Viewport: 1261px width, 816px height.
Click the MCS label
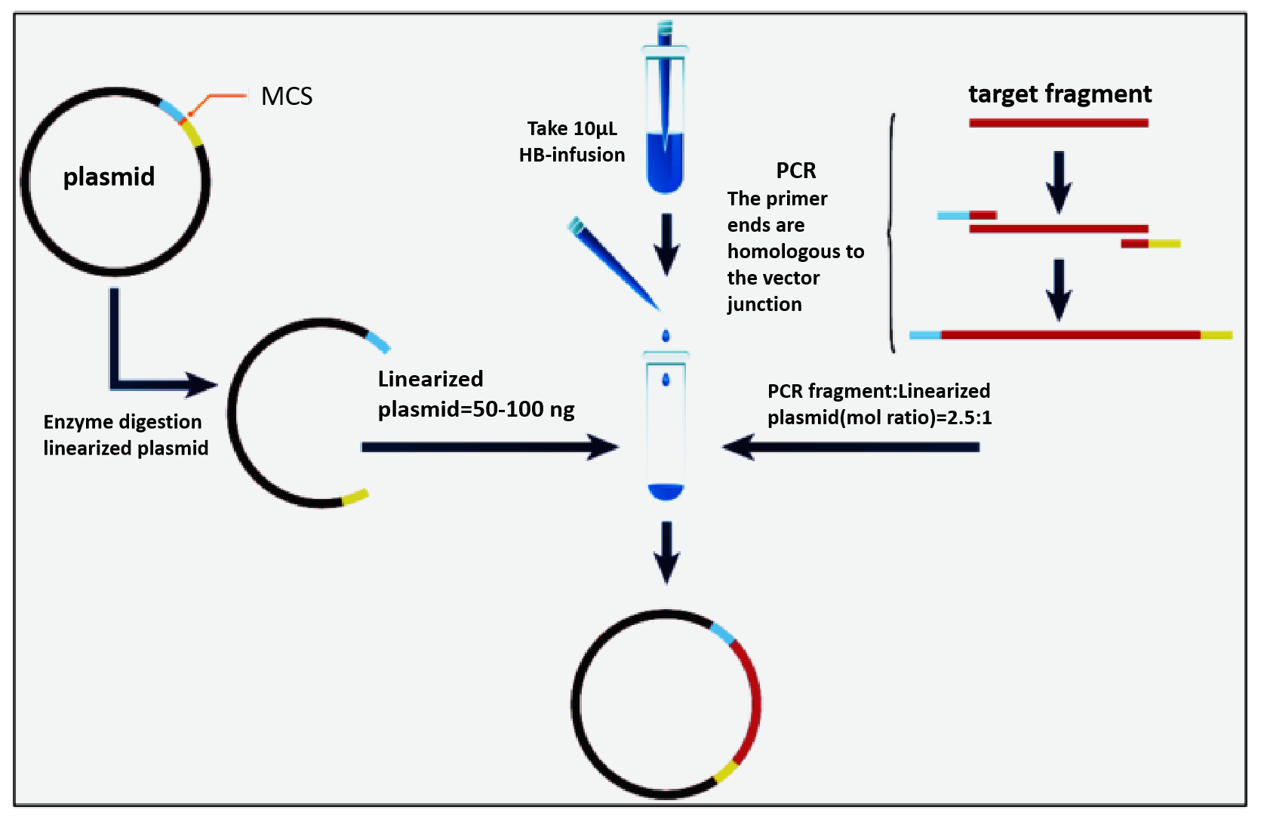(287, 97)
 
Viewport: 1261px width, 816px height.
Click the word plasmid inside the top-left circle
(109, 177)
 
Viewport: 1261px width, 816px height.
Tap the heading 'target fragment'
(1060, 94)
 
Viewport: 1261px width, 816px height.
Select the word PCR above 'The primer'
(796, 171)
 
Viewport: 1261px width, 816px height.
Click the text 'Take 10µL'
(572, 128)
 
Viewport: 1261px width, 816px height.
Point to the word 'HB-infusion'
(572, 155)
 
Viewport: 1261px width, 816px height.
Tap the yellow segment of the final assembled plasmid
(726, 771)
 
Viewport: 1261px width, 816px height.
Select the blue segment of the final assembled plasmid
(722, 634)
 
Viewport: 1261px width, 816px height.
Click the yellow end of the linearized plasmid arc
(355, 497)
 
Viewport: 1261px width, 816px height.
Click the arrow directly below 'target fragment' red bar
(1059, 181)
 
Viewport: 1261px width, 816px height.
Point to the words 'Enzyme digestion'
(122, 422)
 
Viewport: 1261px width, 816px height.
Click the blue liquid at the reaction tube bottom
(666, 491)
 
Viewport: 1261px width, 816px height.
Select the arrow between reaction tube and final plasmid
(666, 551)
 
